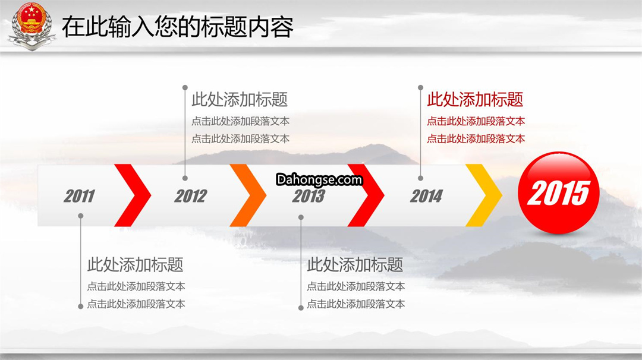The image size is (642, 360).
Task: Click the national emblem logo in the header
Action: (x=32, y=26)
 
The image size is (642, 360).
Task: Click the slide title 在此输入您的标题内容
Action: (x=178, y=27)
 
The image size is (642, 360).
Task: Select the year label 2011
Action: (x=79, y=196)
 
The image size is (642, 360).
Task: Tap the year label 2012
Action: (x=191, y=196)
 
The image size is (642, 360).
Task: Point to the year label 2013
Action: (x=309, y=196)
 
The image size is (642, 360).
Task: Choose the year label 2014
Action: (x=426, y=196)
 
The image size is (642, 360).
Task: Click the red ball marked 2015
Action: (x=558, y=192)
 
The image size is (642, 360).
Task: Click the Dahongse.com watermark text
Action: (x=319, y=179)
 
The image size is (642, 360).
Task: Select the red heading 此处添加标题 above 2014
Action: (x=475, y=99)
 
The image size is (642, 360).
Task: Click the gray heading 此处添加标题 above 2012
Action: (x=240, y=99)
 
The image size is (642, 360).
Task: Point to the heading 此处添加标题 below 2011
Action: (x=135, y=265)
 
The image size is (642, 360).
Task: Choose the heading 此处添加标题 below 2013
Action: (x=355, y=265)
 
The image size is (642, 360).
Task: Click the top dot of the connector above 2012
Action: (x=185, y=87)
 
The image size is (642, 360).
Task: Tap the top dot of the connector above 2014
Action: (x=420, y=87)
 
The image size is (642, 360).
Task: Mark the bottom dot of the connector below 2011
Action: (x=81, y=307)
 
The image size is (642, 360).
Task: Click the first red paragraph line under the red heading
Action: (x=476, y=121)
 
